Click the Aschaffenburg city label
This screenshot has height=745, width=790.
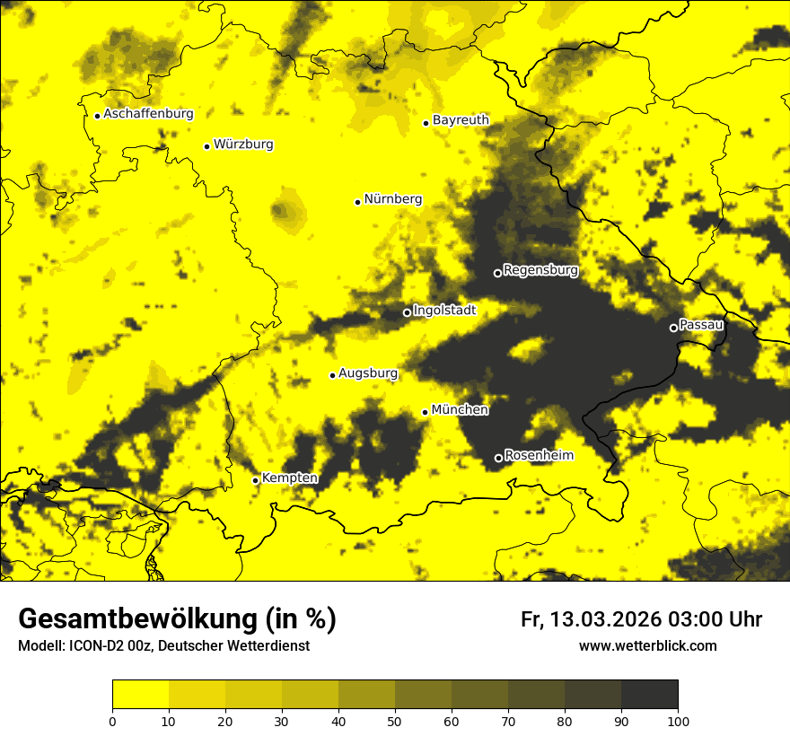pyautogui.click(x=148, y=114)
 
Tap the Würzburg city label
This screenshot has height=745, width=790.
pyautogui.click(x=243, y=145)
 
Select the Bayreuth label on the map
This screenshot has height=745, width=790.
pyautogui.click(x=461, y=120)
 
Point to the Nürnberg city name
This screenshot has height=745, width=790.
pyautogui.click(x=393, y=199)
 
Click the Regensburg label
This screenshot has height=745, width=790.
pyautogui.click(x=540, y=270)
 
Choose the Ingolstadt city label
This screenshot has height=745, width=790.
pyautogui.click(x=444, y=311)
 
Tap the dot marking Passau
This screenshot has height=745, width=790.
pyautogui.click(x=673, y=328)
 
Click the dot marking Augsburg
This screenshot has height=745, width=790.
pyautogui.click(x=332, y=375)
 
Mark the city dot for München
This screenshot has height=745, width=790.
pyautogui.click(x=426, y=412)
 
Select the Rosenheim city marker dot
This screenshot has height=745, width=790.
pyautogui.click(x=499, y=458)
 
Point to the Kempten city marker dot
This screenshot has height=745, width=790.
pyautogui.click(x=256, y=480)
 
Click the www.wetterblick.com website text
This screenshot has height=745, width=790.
pyautogui.click(x=647, y=646)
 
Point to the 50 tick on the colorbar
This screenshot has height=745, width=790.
pyautogui.click(x=395, y=720)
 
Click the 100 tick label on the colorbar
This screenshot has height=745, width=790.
pyautogui.click(x=678, y=720)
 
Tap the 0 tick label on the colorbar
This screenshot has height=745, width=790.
pyautogui.click(x=112, y=720)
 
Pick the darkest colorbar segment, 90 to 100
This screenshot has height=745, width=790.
pyautogui.click(x=649, y=695)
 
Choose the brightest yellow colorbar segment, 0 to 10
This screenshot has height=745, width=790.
pyautogui.click(x=140, y=695)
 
